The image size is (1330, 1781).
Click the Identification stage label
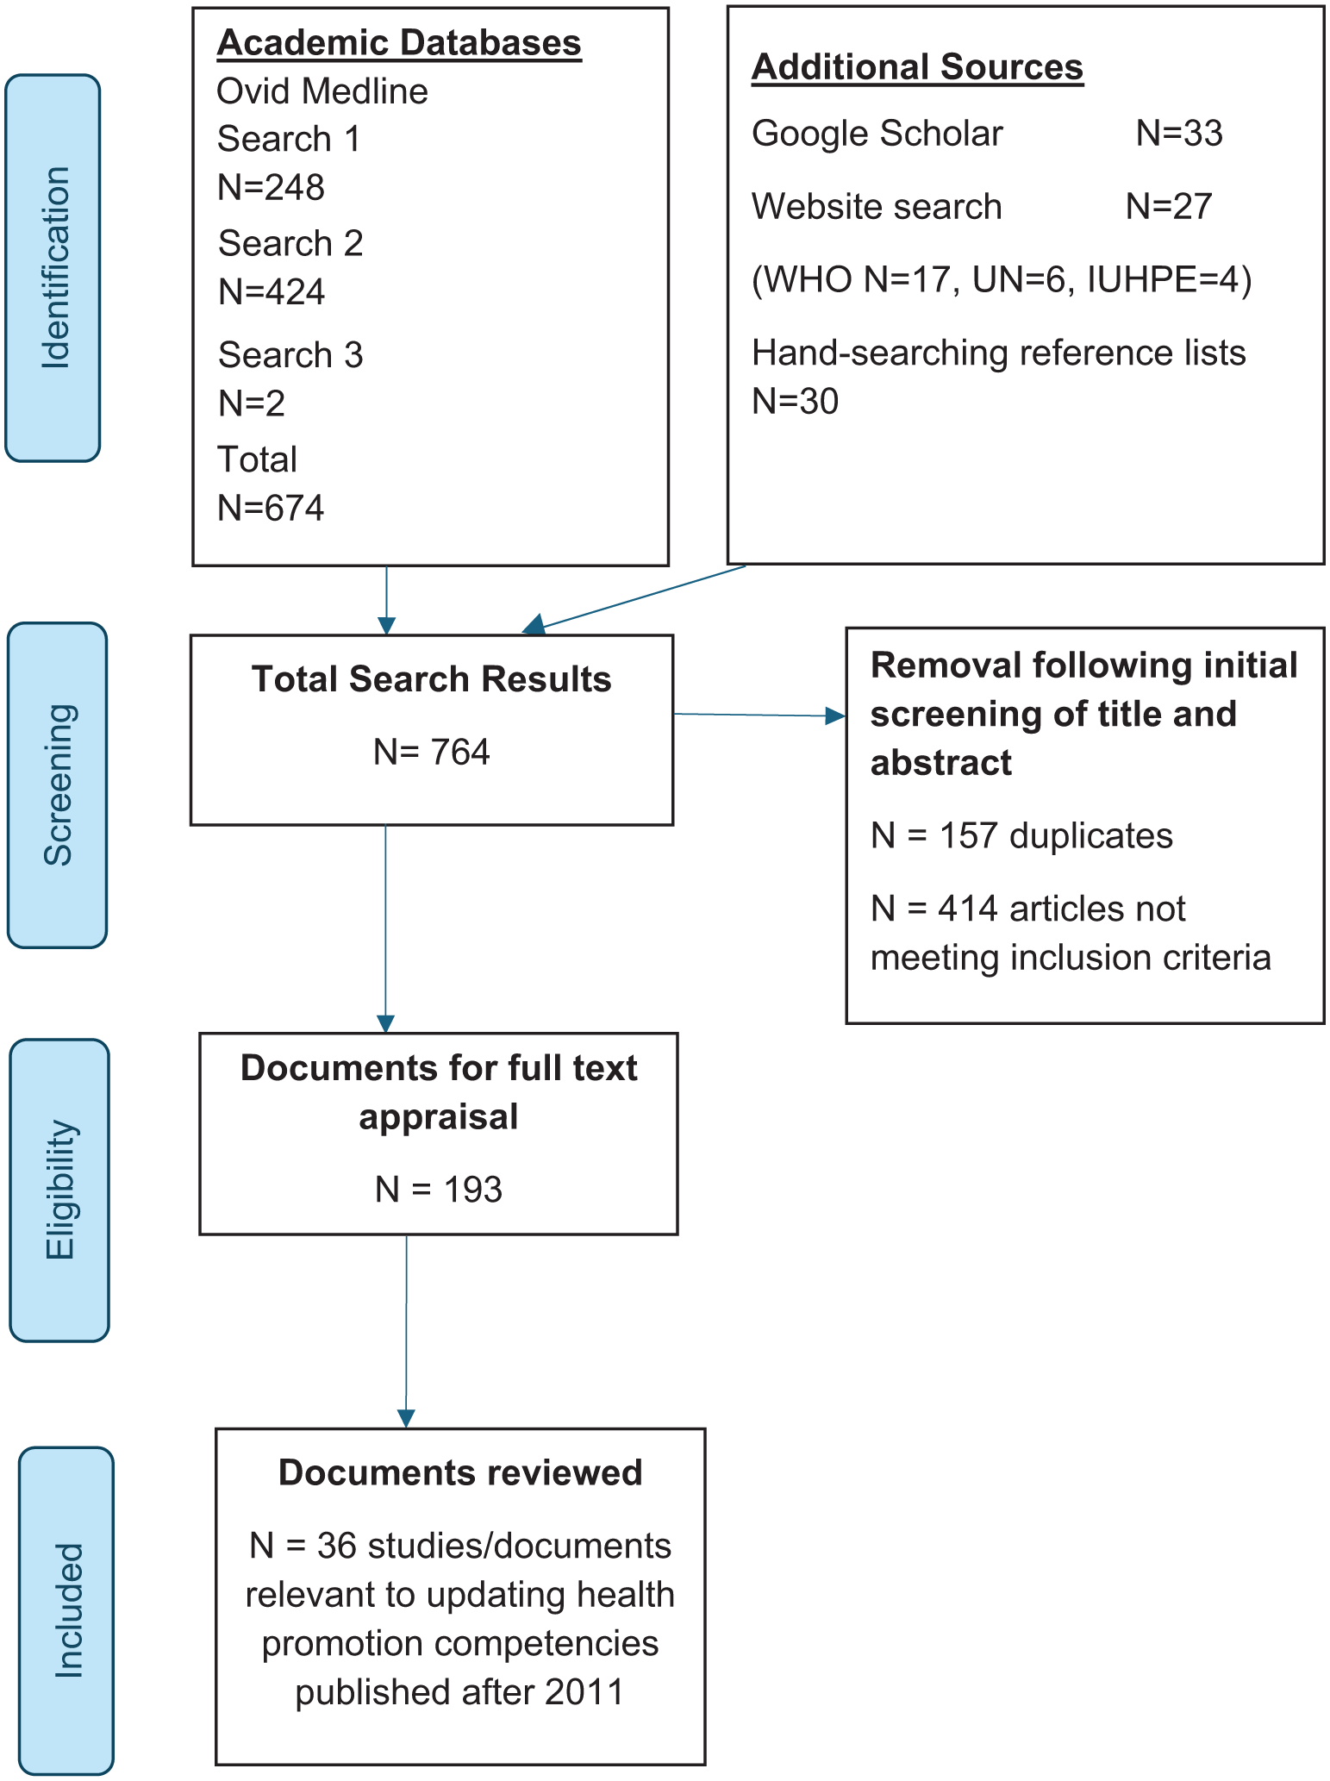(54, 268)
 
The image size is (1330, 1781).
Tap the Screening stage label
(59, 784)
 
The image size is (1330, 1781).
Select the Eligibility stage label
(60, 1190)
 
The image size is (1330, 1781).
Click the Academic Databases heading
(399, 43)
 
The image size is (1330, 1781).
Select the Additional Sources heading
(917, 67)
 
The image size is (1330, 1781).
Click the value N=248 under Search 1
(271, 187)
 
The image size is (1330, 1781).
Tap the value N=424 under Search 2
(272, 292)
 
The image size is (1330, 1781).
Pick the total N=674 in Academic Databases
(271, 508)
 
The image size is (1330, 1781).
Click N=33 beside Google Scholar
(1179, 134)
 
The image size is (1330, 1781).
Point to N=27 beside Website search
(1169, 207)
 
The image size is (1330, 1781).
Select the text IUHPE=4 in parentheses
(1164, 279)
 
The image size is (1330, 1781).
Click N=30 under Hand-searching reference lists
(795, 402)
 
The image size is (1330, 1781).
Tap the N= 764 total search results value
(431, 753)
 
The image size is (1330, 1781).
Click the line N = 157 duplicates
(1021, 836)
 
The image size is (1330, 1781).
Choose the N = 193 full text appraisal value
(438, 1190)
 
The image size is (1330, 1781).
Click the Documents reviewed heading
(460, 1473)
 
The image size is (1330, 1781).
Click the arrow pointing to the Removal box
(759, 716)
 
